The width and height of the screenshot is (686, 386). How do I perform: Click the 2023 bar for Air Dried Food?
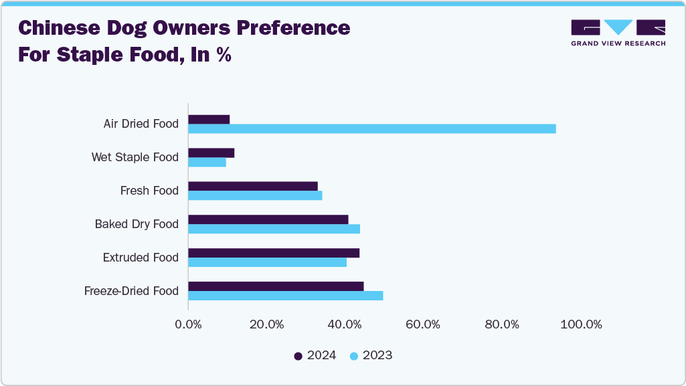coord(371,128)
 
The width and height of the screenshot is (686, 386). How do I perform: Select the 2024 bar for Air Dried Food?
coord(209,119)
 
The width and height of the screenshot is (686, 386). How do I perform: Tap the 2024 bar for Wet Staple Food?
coord(211,153)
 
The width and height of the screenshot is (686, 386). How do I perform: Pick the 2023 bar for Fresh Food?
coord(255,195)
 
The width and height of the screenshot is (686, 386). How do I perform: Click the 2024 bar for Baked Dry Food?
coord(268,219)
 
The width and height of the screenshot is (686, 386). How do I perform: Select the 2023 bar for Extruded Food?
coord(267,262)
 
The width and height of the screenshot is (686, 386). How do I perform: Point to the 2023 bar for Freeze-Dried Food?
coord(285,296)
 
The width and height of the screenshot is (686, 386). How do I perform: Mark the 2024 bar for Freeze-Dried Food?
coord(276,286)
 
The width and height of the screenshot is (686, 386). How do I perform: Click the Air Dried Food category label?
coord(141,124)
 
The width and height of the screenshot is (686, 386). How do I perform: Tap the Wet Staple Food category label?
coord(135,157)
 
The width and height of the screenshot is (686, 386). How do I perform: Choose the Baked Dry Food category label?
coord(137,224)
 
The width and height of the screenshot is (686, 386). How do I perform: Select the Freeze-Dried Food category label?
coord(131,291)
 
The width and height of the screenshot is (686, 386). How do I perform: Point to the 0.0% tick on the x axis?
coord(188,324)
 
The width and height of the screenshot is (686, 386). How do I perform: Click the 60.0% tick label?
coord(423,324)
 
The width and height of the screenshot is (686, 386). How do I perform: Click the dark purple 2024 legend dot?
coord(298,356)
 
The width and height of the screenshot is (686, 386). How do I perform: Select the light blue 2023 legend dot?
coord(354,356)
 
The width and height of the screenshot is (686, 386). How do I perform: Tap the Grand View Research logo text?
coord(618,43)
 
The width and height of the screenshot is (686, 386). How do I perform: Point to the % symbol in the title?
coord(223,55)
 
